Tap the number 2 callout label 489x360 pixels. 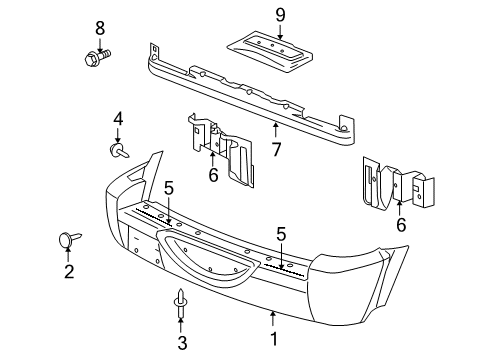[69, 270]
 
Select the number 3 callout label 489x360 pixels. [182, 342]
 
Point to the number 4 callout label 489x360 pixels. [118, 119]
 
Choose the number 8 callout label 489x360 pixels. [98, 26]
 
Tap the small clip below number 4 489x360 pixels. [118, 151]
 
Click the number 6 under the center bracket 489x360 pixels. [212, 175]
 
